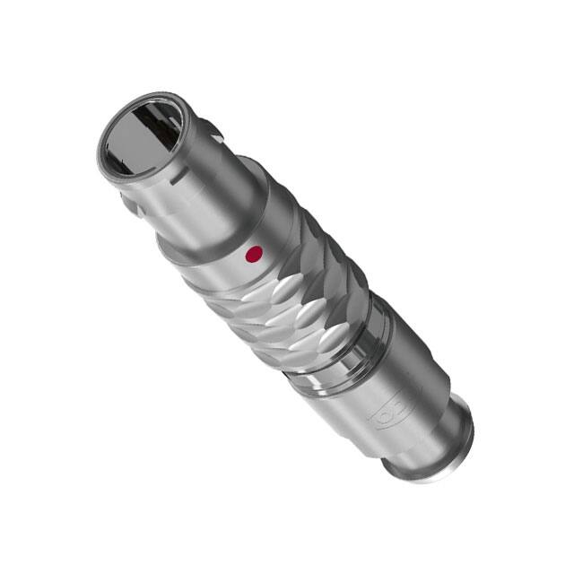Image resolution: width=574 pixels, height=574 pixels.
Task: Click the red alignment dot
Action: [x=254, y=255]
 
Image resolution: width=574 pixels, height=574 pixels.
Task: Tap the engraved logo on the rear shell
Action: [x=387, y=413]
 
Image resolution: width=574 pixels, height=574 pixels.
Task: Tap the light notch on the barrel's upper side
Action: [x=203, y=126]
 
